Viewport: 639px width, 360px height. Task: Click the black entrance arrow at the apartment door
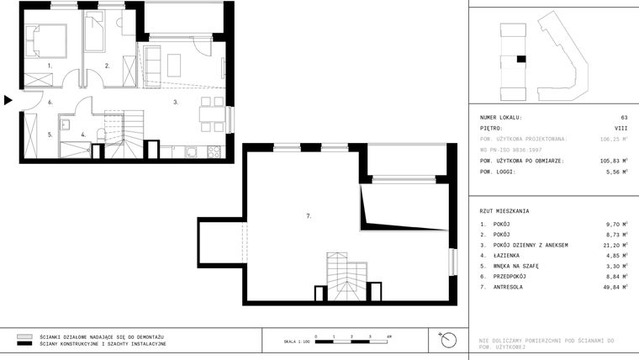pyautogui.click(x=8, y=100)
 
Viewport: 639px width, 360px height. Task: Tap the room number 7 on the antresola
pyautogui.click(x=309, y=216)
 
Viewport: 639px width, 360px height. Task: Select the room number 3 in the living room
pyautogui.click(x=175, y=102)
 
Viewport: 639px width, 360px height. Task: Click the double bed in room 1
pyautogui.click(x=45, y=40)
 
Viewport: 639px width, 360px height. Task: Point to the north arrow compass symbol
pyautogui.click(x=448, y=340)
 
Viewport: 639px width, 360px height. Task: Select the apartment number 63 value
pyautogui.click(x=624, y=118)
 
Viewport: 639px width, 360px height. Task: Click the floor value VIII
pyautogui.click(x=621, y=129)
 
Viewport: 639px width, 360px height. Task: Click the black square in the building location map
pyautogui.click(x=521, y=59)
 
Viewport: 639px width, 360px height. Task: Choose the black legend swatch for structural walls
pyautogui.click(x=24, y=344)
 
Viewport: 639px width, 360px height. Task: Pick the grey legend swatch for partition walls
pyautogui.click(x=24, y=336)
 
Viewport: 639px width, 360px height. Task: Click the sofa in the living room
pyautogui.click(x=153, y=63)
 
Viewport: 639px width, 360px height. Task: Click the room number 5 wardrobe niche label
pyautogui.click(x=50, y=134)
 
